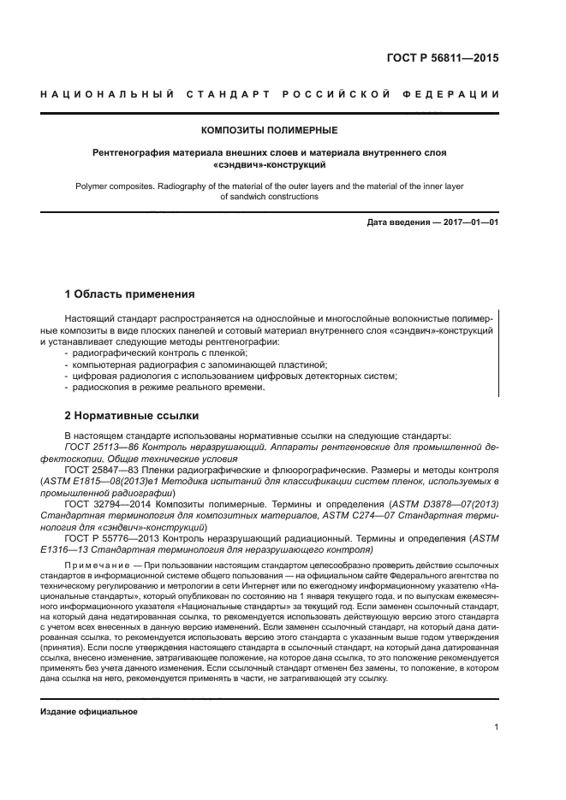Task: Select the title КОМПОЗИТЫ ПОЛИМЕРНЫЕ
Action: [x=269, y=130]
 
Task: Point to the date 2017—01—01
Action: [x=468, y=223]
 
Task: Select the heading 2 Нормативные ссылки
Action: [x=133, y=416]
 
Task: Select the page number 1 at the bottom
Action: [x=497, y=728]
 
